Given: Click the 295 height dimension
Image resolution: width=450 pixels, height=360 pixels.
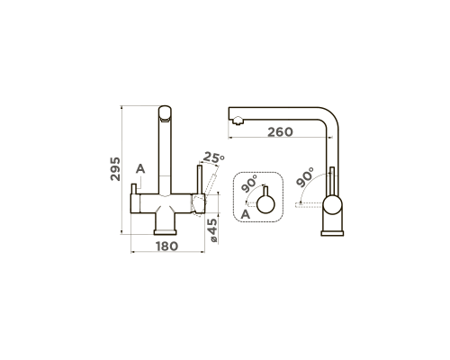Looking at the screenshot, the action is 115,169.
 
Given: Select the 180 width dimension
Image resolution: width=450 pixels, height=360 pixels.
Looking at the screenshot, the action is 166,247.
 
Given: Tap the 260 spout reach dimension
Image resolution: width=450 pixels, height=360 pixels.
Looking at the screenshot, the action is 280,131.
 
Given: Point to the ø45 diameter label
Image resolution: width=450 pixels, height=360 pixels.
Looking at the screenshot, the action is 212,230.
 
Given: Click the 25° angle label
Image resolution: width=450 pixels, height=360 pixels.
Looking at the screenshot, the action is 213,157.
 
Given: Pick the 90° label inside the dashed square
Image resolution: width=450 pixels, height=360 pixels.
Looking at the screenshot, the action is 249,184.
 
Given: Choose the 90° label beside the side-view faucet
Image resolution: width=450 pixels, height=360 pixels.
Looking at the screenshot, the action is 304,177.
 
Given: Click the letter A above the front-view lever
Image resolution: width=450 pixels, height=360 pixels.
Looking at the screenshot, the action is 140,169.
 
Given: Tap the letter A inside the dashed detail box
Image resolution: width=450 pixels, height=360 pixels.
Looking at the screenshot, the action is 246,214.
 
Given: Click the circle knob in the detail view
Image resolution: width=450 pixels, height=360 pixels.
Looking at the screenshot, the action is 265,204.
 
